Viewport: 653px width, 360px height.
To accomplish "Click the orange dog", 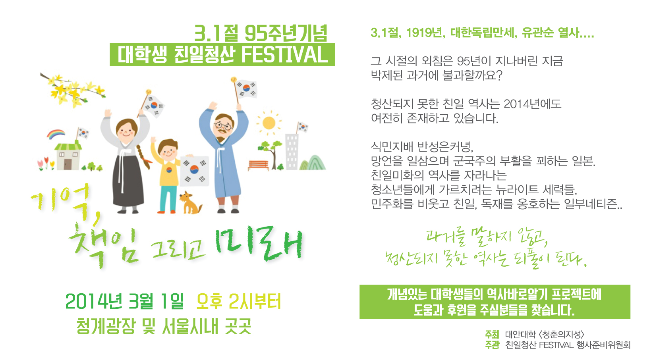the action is [190, 203].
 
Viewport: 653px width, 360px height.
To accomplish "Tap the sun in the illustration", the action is [269, 123].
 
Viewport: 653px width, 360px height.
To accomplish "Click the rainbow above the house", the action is [56, 134].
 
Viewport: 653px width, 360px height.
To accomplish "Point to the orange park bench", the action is [258, 166].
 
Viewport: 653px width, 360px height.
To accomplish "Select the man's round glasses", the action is [223, 126].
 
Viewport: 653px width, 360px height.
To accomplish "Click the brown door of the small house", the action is [68, 164].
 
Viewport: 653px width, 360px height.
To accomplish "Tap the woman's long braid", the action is [144, 157].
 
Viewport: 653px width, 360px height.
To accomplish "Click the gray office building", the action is [292, 152].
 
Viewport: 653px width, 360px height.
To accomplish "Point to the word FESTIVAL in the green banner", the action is [285, 54].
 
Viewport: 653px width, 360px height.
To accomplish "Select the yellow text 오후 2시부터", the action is [239, 301].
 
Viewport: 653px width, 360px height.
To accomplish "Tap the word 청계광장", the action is [106, 326].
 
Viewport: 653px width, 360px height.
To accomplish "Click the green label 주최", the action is [492, 334].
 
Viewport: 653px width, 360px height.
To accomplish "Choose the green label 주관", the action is [492, 345].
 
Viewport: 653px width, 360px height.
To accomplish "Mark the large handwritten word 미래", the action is [259, 244].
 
